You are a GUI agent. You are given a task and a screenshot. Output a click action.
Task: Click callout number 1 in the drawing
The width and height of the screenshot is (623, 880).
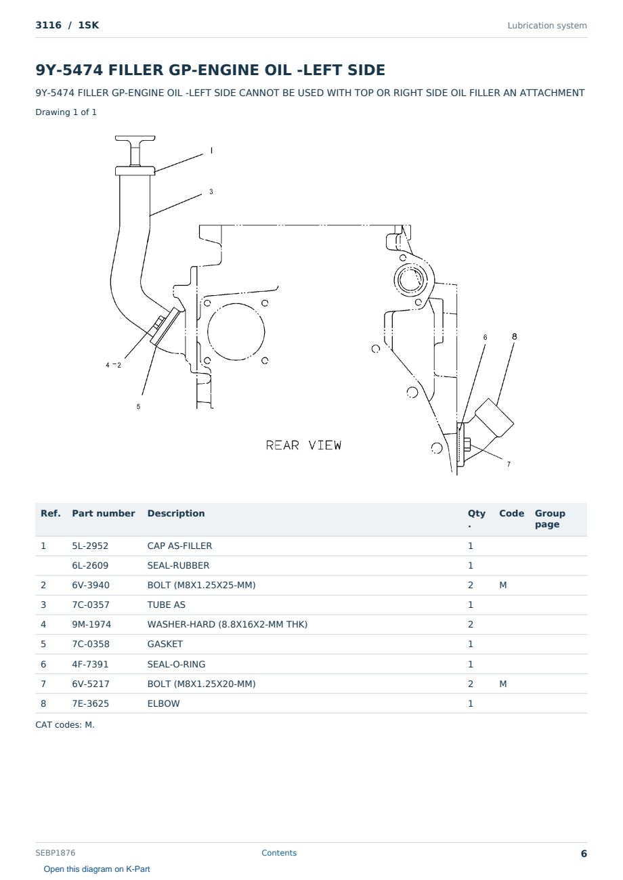pos(211,150)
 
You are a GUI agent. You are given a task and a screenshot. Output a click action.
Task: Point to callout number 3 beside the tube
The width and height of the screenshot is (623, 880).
pos(211,192)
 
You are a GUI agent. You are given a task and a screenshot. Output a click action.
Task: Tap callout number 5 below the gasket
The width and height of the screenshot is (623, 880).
pos(138,407)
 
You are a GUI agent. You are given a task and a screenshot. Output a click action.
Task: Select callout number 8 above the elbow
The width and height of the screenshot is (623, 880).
pos(514,336)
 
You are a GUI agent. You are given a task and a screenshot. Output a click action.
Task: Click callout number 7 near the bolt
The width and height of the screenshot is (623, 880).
pos(509,464)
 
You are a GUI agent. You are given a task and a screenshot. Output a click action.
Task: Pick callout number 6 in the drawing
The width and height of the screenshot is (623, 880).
pos(485,337)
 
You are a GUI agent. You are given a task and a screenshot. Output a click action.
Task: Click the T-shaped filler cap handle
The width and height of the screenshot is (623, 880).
pos(135,150)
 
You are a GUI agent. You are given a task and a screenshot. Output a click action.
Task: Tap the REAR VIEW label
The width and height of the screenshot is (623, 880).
pos(303,445)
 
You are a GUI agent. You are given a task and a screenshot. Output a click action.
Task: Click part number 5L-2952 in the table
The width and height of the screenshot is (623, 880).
pos(90,546)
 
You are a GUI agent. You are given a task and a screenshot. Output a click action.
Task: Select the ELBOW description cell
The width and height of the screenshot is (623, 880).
pos(163,703)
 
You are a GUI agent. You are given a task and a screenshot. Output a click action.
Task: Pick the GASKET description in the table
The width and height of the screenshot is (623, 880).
pos(165,644)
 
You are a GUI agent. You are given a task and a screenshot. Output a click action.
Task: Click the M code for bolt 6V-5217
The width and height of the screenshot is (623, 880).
pos(502,684)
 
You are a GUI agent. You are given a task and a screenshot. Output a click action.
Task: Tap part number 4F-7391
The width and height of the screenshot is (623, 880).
pos(91,664)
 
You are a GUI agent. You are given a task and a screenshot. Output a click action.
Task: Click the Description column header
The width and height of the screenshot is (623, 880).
pos(176,514)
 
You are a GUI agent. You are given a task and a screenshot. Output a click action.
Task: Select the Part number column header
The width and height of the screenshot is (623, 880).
pos(104,514)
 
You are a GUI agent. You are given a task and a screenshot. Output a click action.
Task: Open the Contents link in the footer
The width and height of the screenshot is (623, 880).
pos(279,853)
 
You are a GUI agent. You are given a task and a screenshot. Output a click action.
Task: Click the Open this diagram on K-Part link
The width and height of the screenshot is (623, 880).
pos(97,869)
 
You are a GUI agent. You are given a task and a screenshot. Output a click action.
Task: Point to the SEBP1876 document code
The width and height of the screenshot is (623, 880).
pos(56,853)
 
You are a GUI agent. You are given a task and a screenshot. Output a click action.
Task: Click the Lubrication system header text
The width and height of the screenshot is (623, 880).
pos(547,26)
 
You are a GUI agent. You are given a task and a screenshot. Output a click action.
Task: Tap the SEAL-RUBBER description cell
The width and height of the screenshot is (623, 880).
pos(179,565)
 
